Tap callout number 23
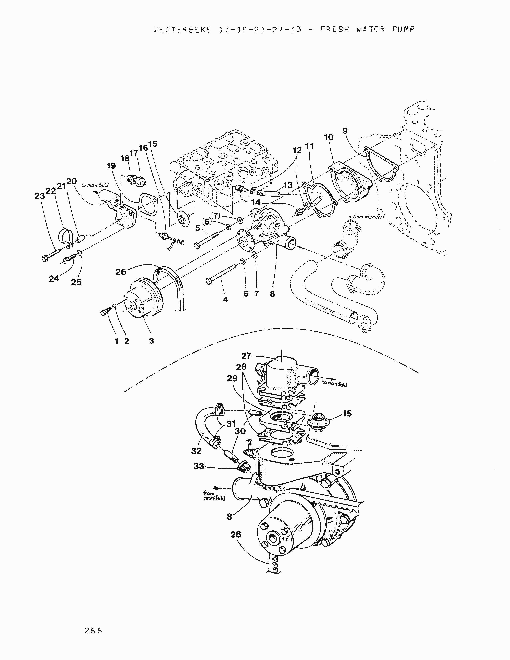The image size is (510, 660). point(40,196)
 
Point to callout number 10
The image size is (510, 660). point(329,137)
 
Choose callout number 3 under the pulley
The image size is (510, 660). point(151,341)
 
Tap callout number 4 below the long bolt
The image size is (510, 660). point(225,299)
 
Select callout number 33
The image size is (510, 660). point(199,466)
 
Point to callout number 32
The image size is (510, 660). point(196,451)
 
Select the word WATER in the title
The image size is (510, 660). point(370,29)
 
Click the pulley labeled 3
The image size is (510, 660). point(145,299)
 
